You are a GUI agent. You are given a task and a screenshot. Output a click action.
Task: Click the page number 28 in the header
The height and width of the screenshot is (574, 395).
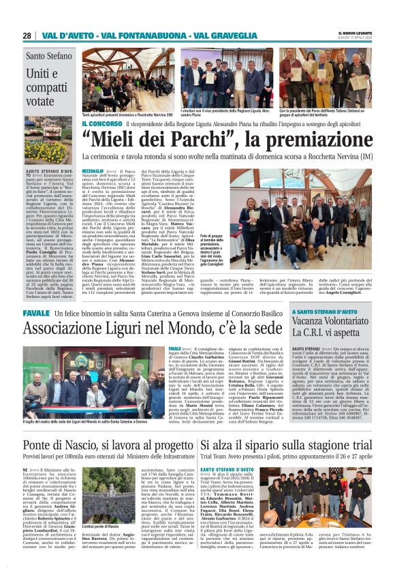27,35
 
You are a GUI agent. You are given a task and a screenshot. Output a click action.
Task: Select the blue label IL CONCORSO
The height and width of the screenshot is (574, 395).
102,124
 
